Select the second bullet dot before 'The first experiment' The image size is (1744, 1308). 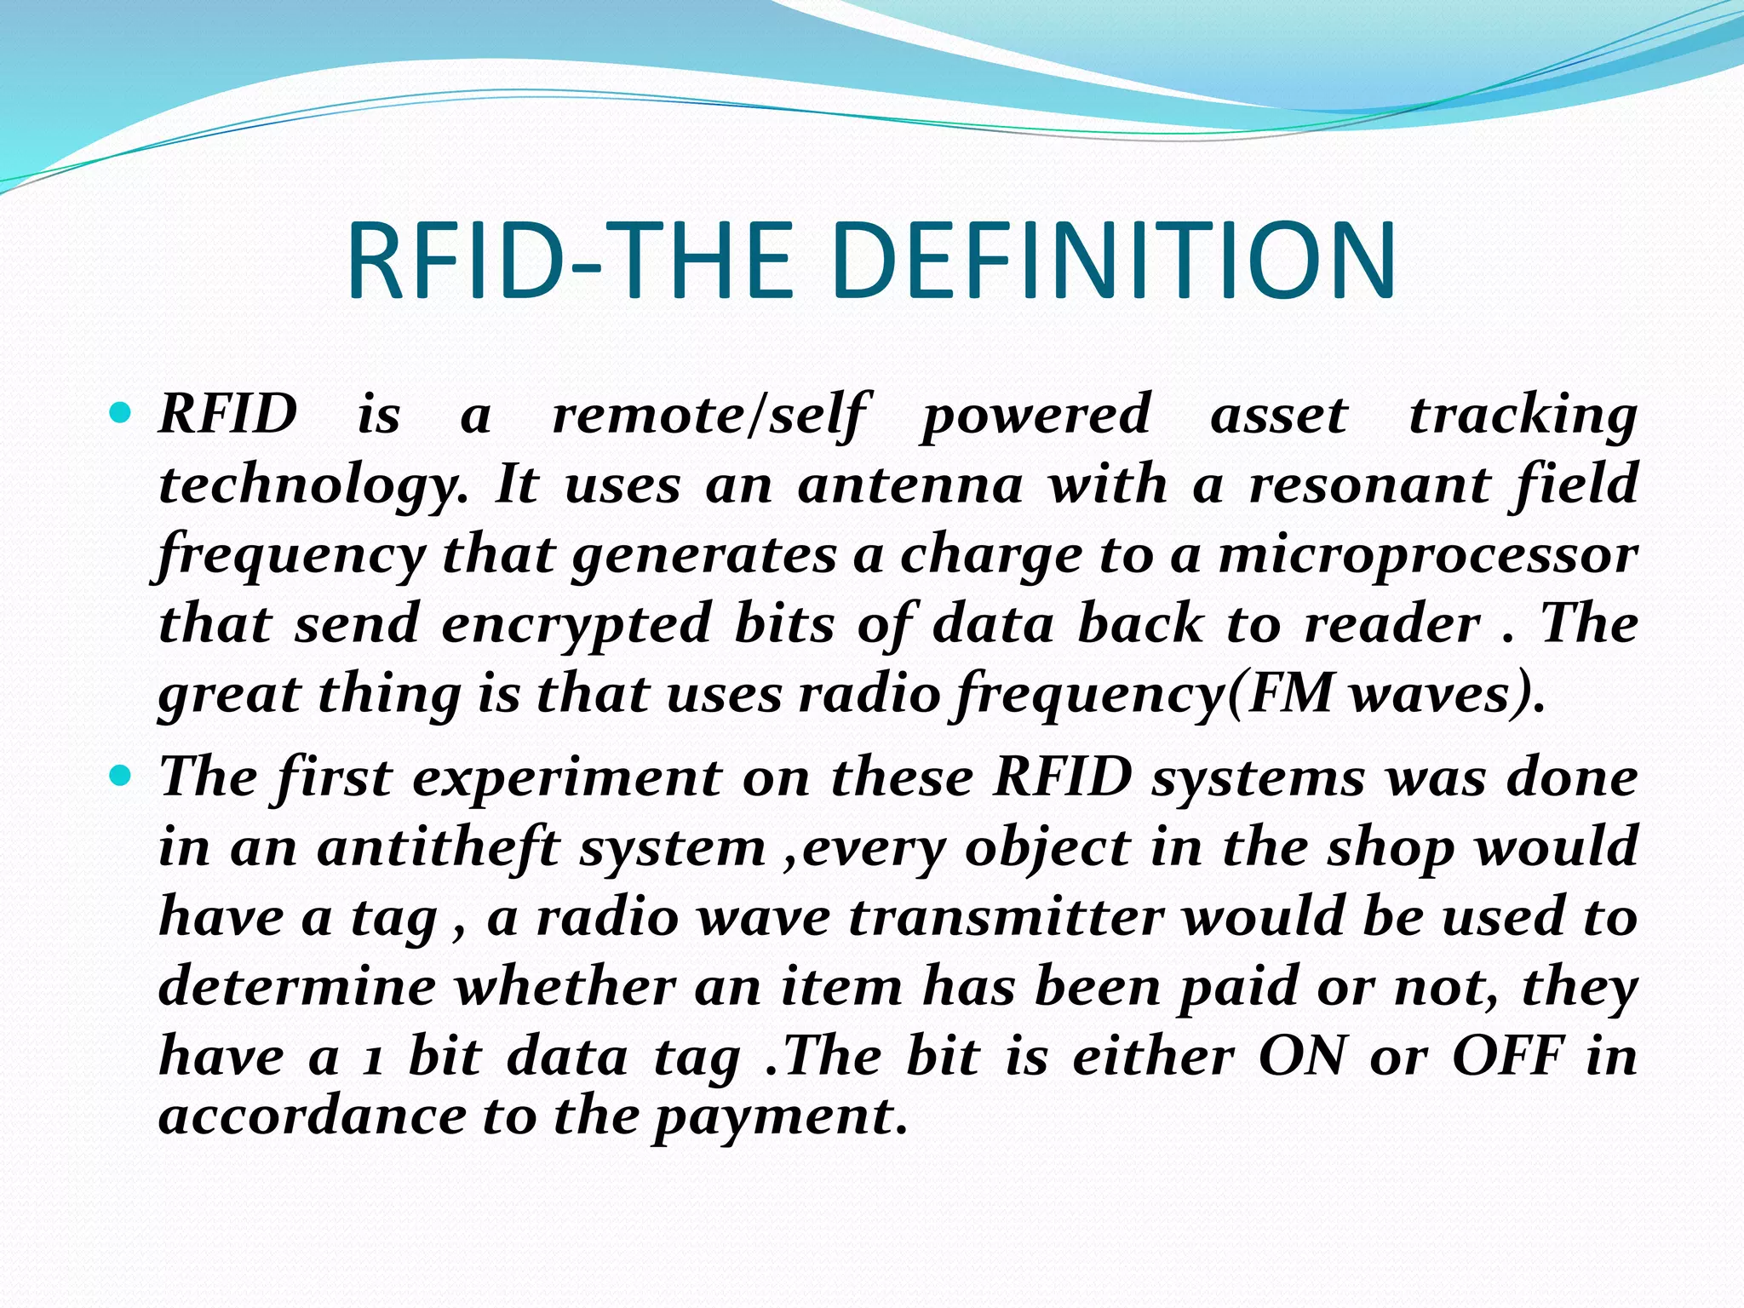[122, 777]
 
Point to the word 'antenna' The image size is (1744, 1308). [909, 485]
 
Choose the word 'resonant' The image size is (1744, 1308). [1368, 485]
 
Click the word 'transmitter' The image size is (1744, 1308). [1006, 918]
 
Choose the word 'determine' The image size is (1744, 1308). [297, 988]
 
